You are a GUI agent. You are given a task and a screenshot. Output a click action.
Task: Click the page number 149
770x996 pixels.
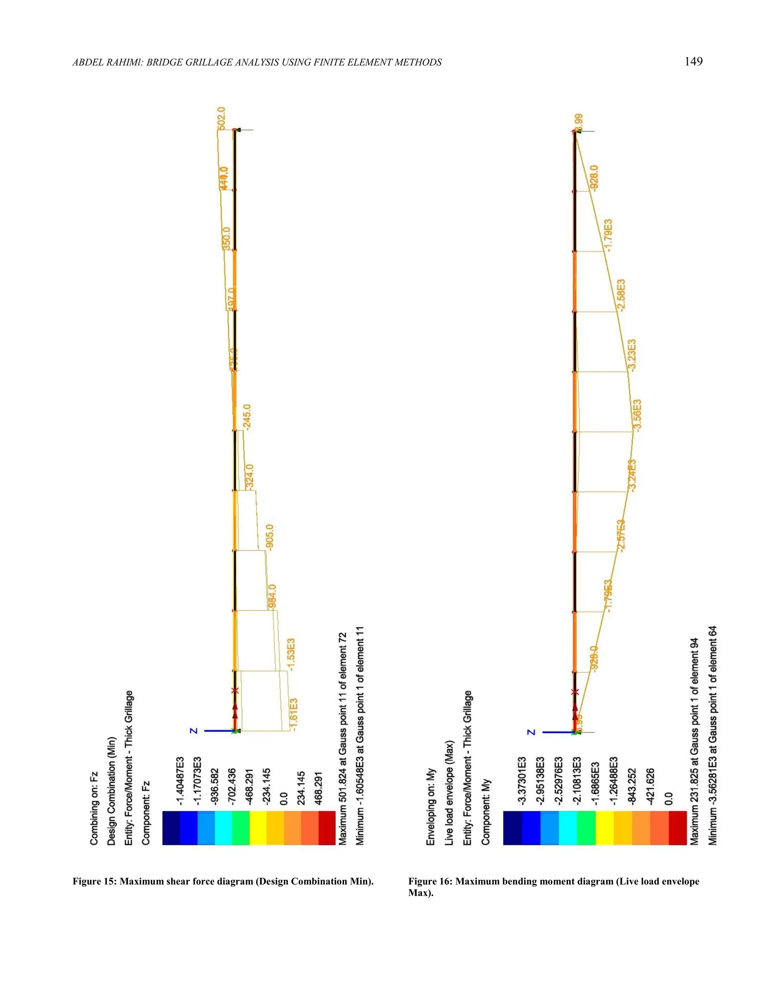pyautogui.click(x=693, y=62)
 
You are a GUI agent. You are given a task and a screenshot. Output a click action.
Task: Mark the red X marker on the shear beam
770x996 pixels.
pyautogui.click(x=235, y=691)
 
